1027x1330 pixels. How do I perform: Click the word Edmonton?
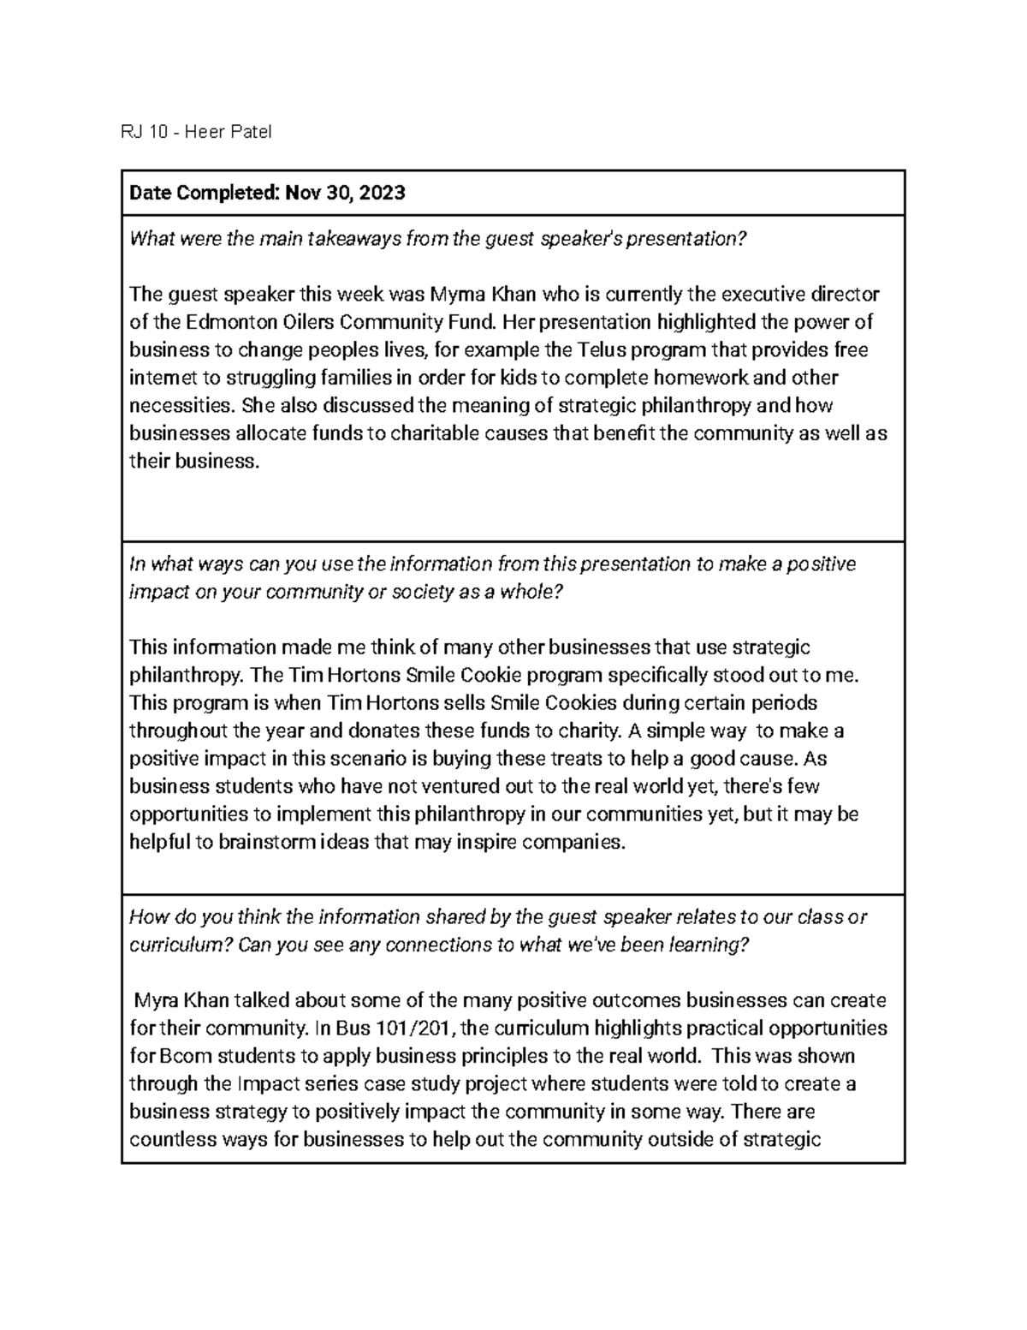tap(203, 322)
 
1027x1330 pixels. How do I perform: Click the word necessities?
tap(181, 405)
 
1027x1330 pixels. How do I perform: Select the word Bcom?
tap(176, 1055)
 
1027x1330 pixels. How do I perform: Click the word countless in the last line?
tap(168, 1139)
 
